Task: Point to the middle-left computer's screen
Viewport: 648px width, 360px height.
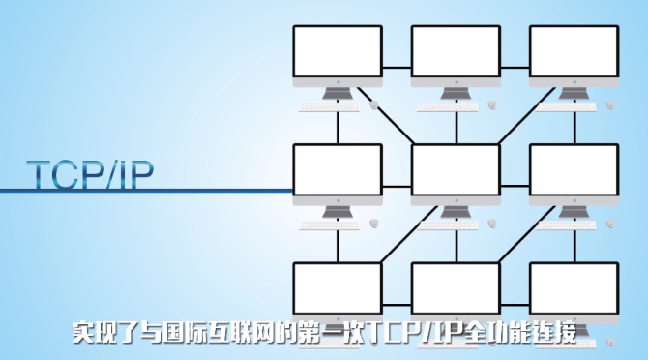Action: coord(338,169)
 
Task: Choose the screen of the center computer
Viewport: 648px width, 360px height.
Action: coord(456,169)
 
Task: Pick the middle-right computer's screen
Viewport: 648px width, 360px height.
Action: coord(574,169)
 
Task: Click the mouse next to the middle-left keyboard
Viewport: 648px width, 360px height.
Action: coord(373,224)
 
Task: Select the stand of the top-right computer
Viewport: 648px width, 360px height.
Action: coord(574,93)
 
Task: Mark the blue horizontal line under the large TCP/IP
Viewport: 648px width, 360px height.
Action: coord(145,191)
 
